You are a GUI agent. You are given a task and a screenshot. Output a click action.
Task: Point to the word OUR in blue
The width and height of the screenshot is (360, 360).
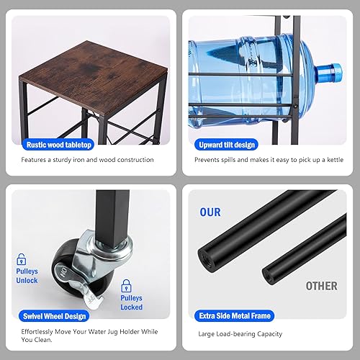coord(210,212)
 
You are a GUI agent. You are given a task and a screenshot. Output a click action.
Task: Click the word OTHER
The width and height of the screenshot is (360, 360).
coord(320,286)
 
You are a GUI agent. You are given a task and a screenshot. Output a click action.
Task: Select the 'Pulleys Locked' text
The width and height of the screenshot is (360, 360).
coord(131,303)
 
